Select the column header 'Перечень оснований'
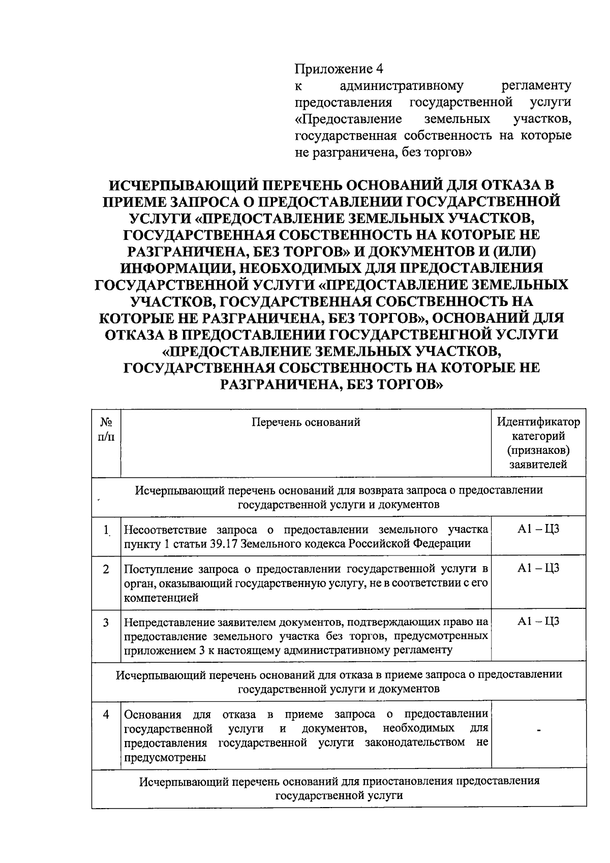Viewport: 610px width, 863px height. (x=306, y=422)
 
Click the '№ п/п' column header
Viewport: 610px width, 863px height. (x=106, y=429)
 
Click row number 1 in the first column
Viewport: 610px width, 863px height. (x=106, y=530)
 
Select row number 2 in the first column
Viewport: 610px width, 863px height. (x=106, y=569)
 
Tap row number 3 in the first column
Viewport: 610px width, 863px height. (x=106, y=622)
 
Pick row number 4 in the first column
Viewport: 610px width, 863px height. (x=106, y=714)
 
